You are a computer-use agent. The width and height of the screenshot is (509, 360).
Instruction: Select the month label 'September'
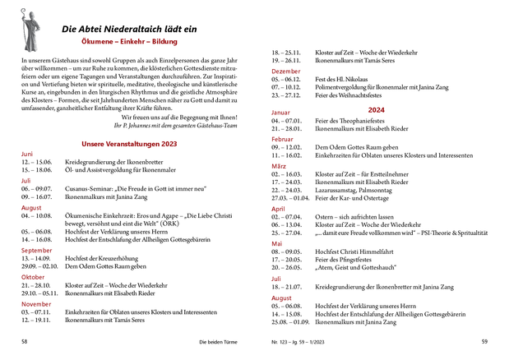click(36, 250)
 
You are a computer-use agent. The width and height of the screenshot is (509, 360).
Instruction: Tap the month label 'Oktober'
click(33, 276)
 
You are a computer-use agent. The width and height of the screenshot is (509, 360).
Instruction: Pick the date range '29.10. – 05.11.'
click(39, 293)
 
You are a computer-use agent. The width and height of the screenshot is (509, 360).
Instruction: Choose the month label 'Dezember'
click(286, 72)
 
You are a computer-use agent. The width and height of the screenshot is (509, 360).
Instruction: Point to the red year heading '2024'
click(377, 109)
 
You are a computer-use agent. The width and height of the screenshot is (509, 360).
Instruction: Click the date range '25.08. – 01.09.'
click(290, 322)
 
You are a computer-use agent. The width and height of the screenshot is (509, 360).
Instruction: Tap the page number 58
click(25, 340)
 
